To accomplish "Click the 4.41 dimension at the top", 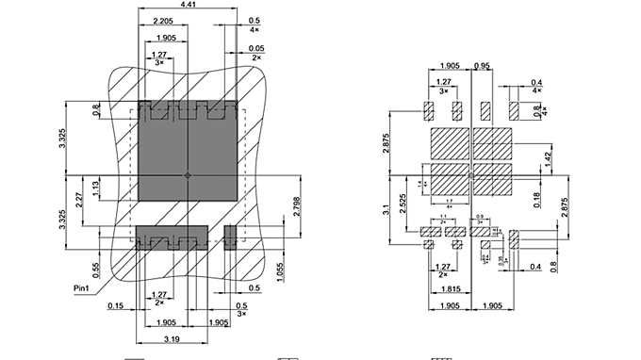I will [x=189, y=7].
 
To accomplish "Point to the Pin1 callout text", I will [x=83, y=287].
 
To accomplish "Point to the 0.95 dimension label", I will [x=483, y=67].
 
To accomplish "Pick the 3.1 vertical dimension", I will [x=387, y=212].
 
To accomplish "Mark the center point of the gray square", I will [x=187, y=175].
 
